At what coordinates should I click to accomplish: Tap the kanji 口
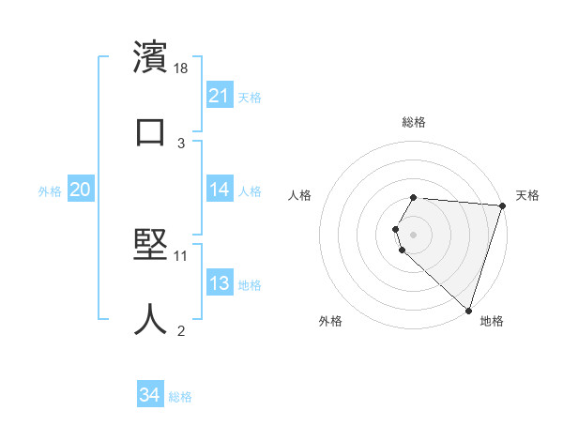tap(151, 132)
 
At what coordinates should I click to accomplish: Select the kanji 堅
tap(151, 242)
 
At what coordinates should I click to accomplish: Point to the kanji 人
tap(151, 318)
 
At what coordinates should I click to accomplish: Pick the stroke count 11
tap(182, 254)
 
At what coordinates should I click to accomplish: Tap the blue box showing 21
tap(220, 96)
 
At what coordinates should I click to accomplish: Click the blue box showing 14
tap(220, 190)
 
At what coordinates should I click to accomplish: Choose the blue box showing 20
tap(81, 190)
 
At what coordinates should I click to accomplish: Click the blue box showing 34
tap(150, 396)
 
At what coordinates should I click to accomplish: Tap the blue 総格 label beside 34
tap(180, 397)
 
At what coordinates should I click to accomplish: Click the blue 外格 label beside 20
tap(50, 191)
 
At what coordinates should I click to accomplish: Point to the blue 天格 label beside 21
tap(250, 97)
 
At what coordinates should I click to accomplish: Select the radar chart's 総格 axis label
tap(414, 122)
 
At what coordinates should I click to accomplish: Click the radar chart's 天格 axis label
tap(527, 195)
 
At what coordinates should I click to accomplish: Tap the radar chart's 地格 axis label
tap(492, 321)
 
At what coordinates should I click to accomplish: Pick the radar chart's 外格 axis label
tap(330, 321)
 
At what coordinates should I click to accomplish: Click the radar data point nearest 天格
tap(502, 205)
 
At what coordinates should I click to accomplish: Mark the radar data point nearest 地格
tap(468, 310)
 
